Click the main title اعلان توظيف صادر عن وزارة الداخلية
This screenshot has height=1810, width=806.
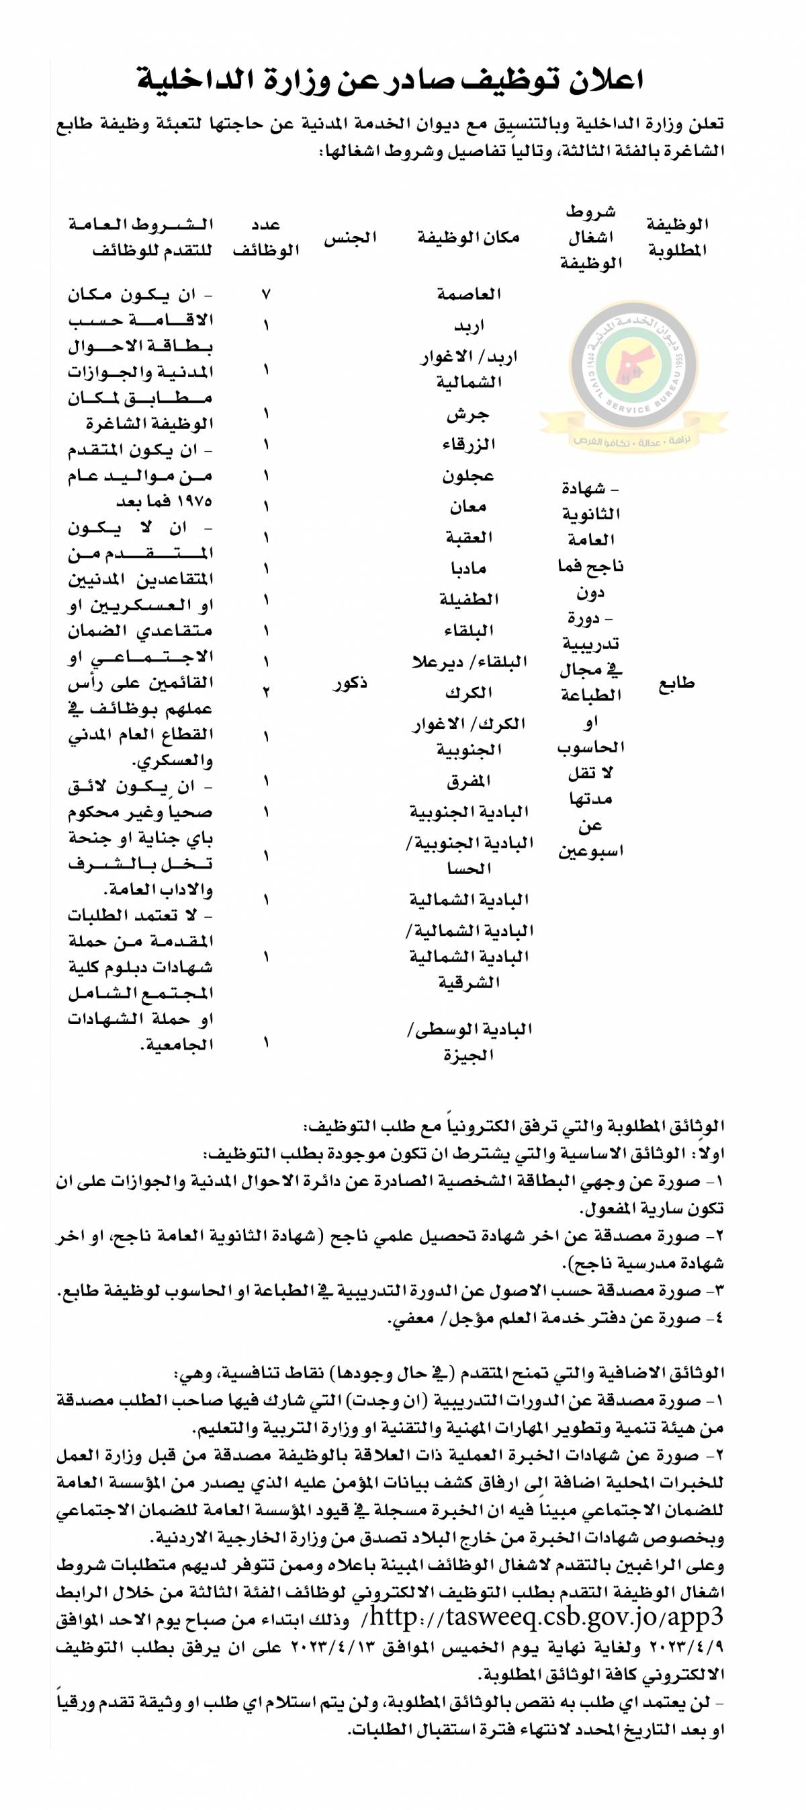point(390,80)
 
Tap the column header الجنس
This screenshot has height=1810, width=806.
point(351,238)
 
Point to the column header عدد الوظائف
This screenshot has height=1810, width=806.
point(266,237)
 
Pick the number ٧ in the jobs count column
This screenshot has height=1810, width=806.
point(266,294)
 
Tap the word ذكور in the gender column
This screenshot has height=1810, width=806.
point(351,684)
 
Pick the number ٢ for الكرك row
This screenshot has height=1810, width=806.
point(266,692)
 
